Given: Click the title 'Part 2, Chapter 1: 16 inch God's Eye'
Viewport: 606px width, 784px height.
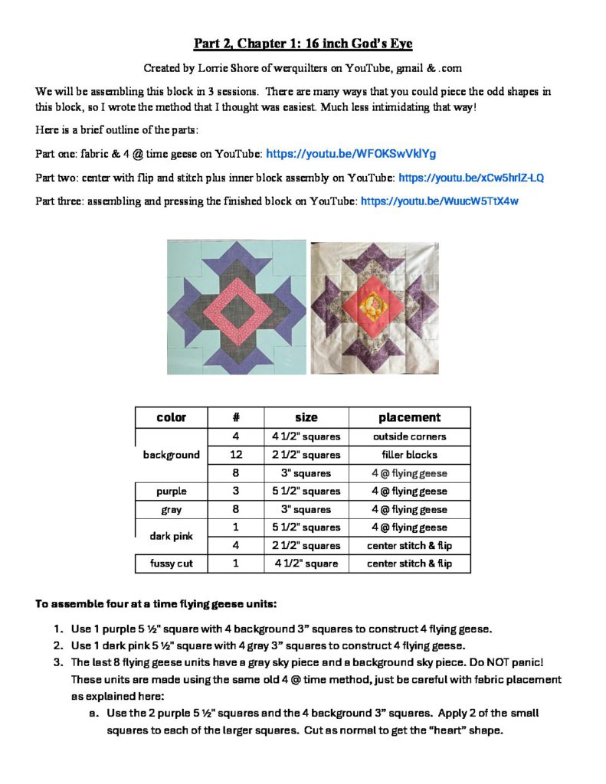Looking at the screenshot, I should tap(303, 44).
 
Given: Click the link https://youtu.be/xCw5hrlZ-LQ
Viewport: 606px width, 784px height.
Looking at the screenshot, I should tap(471, 178).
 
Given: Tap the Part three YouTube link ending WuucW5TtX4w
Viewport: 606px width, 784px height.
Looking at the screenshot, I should tap(440, 201).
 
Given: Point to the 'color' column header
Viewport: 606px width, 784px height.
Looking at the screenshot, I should tap(171, 417).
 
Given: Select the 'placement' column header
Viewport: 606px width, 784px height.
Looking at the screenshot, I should tap(409, 417).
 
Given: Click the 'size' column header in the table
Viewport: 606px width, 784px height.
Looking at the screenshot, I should tap(306, 417).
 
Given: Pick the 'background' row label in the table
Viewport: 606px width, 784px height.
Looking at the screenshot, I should tap(171, 455).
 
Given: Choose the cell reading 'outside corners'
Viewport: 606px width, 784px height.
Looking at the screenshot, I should tap(409, 436).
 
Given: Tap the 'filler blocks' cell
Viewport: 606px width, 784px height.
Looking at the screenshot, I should tap(409, 455).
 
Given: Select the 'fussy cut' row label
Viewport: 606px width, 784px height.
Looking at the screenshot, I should tap(171, 563).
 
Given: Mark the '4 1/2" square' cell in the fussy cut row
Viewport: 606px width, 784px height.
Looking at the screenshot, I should tap(306, 563).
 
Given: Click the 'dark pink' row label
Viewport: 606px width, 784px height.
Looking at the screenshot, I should tap(171, 537).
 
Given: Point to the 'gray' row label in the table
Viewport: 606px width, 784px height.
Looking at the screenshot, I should tap(171, 509).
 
